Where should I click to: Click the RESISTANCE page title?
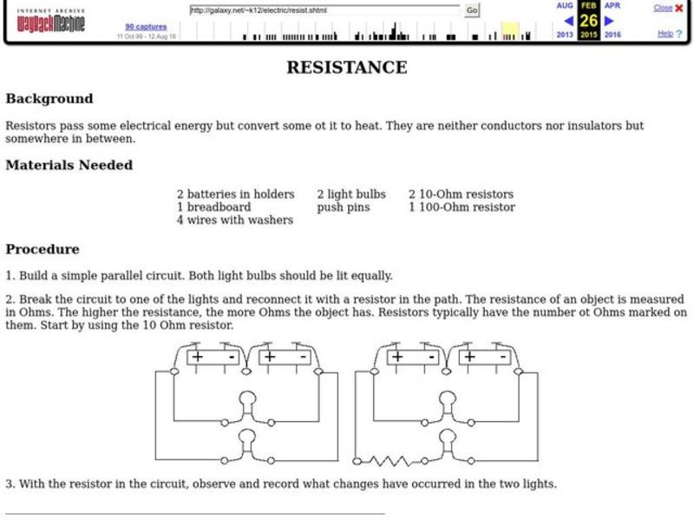[346, 67]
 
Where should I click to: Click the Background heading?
[49, 98]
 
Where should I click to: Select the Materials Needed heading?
[69, 164]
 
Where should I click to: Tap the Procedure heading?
[42, 248]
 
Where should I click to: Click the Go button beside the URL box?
[472, 10]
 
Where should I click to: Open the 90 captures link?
[145, 27]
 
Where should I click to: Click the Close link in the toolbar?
[663, 8]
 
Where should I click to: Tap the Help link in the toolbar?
[665, 34]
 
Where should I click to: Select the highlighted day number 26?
[589, 20]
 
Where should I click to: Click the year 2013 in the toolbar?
[566, 35]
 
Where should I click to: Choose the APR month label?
[612, 5]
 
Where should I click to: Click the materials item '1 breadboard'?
[213, 208]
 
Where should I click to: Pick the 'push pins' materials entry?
[343, 208]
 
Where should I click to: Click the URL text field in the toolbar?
[325, 10]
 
